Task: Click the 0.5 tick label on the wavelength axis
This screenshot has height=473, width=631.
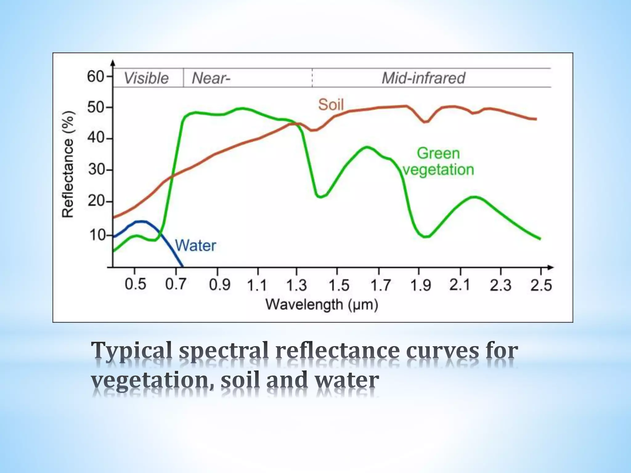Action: click(135, 284)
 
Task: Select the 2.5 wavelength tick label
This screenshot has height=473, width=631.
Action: click(541, 285)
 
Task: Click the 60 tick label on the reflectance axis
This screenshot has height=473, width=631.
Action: click(96, 76)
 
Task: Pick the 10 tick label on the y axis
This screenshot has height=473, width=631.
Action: click(97, 236)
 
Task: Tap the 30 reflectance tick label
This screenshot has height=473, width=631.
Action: click(96, 170)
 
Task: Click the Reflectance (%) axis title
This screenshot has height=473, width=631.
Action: click(68, 164)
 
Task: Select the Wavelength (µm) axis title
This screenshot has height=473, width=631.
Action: click(322, 305)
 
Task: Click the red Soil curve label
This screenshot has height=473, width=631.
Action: click(331, 105)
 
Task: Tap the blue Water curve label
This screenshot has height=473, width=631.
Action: click(196, 246)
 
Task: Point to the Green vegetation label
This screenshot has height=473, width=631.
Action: click(438, 162)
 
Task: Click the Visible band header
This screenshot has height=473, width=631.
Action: click(146, 78)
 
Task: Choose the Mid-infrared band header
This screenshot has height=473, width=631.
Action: click(423, 78)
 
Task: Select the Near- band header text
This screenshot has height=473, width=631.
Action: click(211, 78)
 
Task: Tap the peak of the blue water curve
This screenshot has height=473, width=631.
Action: click(140, 221)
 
